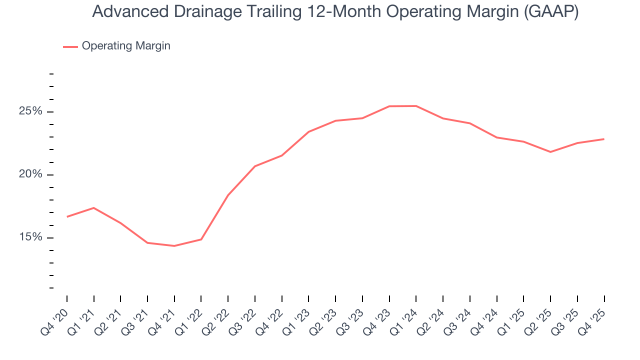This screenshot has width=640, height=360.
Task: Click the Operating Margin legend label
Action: tap(126, 46)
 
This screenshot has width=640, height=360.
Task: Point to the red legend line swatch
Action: tap(70, 46)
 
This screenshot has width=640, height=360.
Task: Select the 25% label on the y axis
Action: tap(30, 111)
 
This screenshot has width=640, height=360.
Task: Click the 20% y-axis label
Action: tap(30, 174)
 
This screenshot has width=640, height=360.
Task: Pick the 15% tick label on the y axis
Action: tap(30, 237)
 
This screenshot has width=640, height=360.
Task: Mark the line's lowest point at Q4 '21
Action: tap(174, 246)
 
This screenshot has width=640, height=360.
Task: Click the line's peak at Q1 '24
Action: tap(416, 106)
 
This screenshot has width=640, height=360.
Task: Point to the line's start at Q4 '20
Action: tap(67, 216)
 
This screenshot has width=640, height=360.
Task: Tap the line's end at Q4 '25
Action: tap(604, 139)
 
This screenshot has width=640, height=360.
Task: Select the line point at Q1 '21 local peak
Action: tap(94, 208)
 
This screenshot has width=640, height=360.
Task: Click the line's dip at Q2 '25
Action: tap(550, 152)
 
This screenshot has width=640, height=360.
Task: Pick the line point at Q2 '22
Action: tap(228, 195)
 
